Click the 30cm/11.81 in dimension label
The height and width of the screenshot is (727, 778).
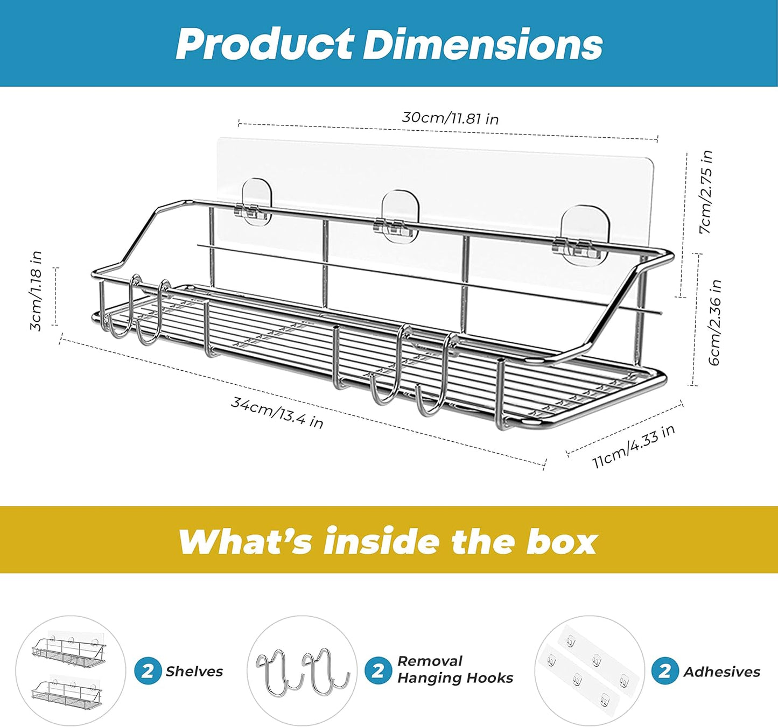(450, 117)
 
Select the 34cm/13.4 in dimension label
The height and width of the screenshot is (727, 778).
(277, 412)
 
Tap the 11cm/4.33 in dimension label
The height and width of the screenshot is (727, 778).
(633, 446)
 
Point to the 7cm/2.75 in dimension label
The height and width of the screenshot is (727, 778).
(705, 192)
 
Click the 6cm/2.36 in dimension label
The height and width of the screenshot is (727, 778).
(715, 322)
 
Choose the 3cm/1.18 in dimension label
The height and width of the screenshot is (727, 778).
(36, 291)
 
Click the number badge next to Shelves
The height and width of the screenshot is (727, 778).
(148, 671)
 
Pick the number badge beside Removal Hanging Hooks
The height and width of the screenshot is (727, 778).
(378, 670)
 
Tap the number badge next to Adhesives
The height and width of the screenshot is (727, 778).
(665, 671)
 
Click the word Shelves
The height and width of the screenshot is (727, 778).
(194, 671)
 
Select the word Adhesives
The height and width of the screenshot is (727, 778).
(721, 672)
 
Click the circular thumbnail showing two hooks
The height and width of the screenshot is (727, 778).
(303, 670)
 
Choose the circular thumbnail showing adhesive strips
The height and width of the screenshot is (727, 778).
(590, 671)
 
